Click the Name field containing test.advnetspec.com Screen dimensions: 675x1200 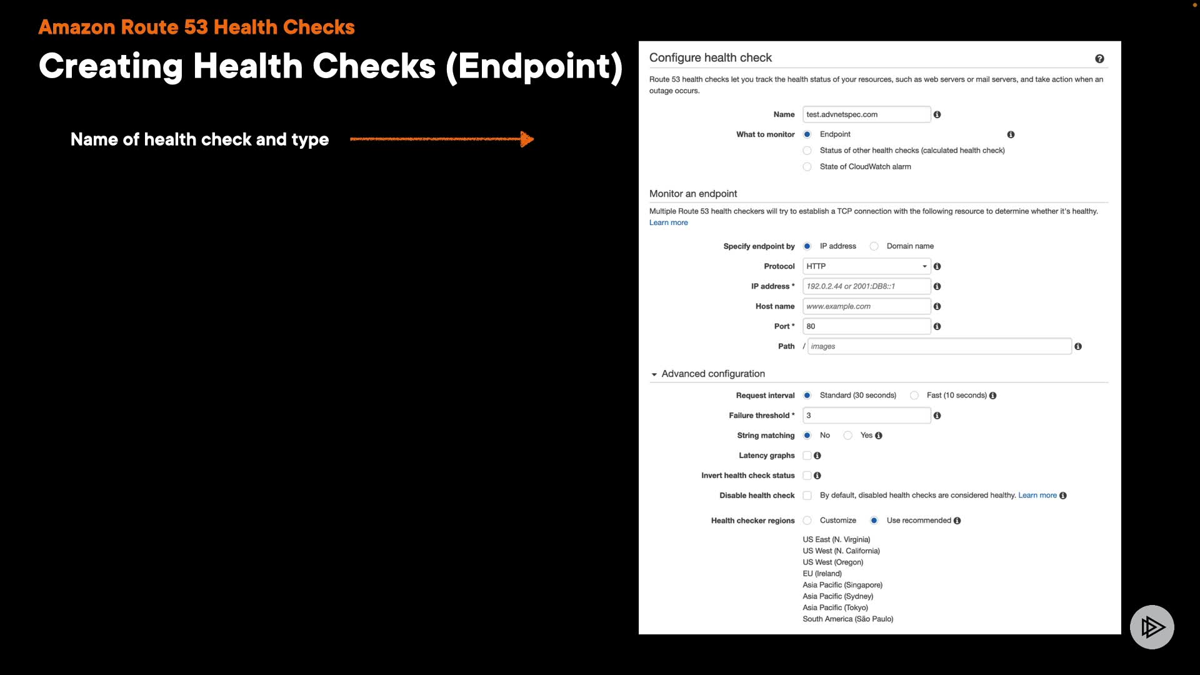coord(866,114)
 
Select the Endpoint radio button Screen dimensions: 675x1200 coord(807,134)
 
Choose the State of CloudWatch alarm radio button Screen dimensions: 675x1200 coord(807,167)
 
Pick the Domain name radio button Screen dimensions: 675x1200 coord(874,246)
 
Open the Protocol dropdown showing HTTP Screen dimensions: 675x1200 coord(866,266)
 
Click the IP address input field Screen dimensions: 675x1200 coord(866,286)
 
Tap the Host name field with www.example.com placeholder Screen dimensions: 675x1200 coord(866,306)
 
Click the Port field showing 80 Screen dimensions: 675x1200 coord(866,326)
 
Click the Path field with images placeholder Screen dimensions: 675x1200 coord(939,346)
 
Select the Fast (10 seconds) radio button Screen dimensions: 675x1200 coord(914,396)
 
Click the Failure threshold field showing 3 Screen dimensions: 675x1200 coord(866,416)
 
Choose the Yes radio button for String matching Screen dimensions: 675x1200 coord(848,436)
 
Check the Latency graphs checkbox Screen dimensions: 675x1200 coord(807,456)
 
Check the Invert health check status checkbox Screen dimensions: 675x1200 coord(807,476)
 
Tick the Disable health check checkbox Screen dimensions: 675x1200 coord(807,496)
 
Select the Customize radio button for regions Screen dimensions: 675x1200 coord(807,521)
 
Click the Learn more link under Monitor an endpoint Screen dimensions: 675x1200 coord(668,222)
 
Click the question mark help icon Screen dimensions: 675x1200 coord(1099,59)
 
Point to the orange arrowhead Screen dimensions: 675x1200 coord(527,139)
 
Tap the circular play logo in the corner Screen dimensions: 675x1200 coord(1152,627)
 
